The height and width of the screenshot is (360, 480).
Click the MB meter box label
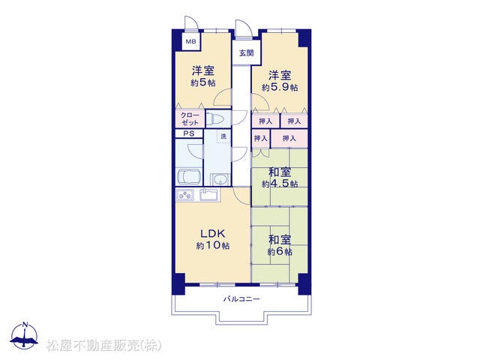pos(191,42)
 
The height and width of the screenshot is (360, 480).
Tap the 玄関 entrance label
pos(247,53)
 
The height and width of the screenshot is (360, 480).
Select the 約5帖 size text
pos(202,82)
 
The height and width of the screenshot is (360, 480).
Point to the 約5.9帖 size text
pos(280,88)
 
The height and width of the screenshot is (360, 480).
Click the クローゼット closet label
pos(190,118)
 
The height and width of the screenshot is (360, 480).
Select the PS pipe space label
pos(189,133)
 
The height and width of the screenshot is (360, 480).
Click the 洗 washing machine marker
pos(223,136)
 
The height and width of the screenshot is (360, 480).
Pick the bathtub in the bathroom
pos(189,177)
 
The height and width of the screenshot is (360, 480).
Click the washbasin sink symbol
pos(220,179)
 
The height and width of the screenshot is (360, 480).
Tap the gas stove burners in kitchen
pos(184,195)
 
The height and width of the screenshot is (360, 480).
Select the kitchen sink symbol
pos(208,195)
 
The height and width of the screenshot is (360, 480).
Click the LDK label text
pos(213,234)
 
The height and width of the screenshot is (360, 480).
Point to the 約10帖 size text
pos(213,246)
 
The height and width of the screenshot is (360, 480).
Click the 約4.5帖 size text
pos(280,184)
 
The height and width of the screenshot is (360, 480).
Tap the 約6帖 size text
pos(280,252)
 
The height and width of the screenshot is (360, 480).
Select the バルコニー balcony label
pos(241,298)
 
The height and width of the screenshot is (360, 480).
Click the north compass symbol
pos(24,336)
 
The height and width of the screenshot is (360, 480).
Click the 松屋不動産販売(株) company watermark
pos(103,345)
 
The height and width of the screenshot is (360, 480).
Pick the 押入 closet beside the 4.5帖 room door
pos(260,139)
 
